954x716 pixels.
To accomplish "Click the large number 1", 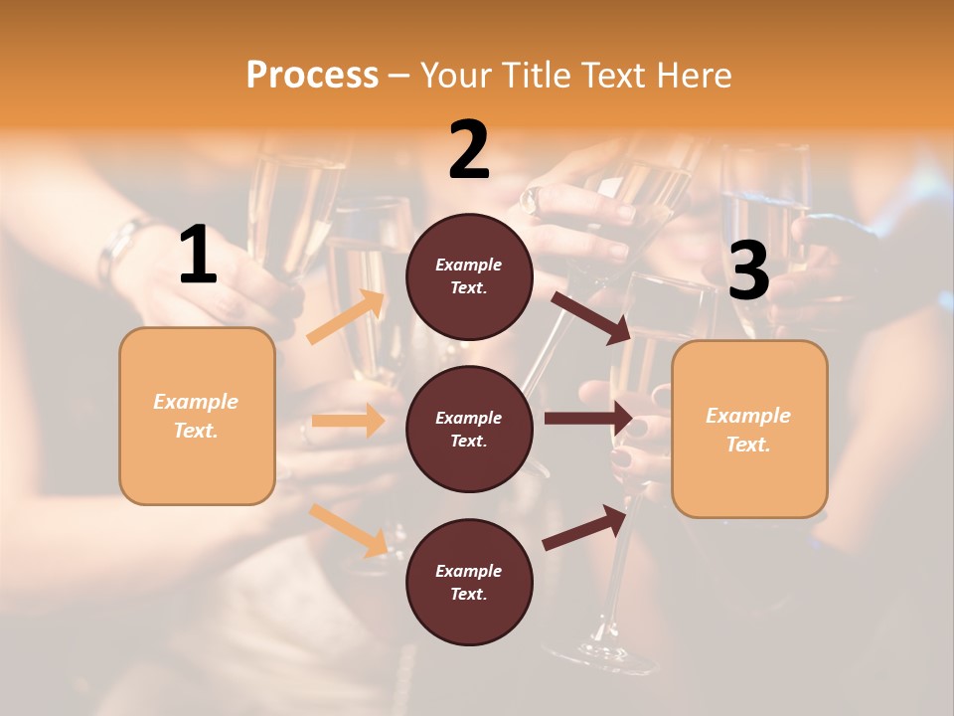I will [x=198, y=256].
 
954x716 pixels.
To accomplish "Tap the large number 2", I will [x=469, y=150].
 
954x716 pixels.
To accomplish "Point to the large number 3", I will [x=748, y=270].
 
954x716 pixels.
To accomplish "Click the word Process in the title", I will [x=312, y=75].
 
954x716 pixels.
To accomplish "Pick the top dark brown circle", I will [x=469, y=276].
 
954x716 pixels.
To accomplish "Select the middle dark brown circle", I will [x=469, y=429].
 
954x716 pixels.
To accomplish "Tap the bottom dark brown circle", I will [x=469, y=582].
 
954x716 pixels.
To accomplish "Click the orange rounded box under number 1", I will [x=197, y=416].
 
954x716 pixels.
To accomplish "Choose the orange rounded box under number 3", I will [x=749, y=429].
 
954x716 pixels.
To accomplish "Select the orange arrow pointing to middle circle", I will [x=348, y=421].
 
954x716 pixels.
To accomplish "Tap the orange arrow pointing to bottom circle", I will [x=349, y=529].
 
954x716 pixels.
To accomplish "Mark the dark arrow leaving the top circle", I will [x=590, y=317].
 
